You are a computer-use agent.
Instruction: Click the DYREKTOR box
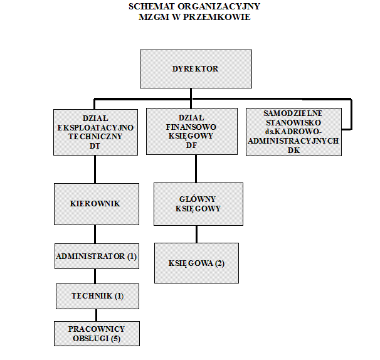pyautogui.click(x=196, y=69)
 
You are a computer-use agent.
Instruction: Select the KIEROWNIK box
pyautogui.click(x=97, y=204)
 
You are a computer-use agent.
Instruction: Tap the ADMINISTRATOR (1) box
pyautogui.click(x=97, y=257)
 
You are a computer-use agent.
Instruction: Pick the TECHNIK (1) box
pyautogui.click(x=97, y=296)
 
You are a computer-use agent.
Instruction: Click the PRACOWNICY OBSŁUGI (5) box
pyautogui.click(x=97, y=334)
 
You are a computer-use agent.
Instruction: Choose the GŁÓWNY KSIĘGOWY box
pyautogui.click(x=198, y=204)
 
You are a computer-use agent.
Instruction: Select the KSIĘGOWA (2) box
pyautogui.click(x=196, y=263)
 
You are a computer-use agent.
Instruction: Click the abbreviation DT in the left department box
pyautogui.click(x=95, y=146)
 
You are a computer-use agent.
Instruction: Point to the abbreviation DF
pyautogui.click(x=191, y=146)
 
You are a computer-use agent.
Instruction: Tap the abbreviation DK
pyautogui.click(x=293, y=151)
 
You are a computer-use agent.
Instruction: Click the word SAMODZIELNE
pyautogui.click(x=293, y=114)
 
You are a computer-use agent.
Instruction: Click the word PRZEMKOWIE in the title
pyautogui.click(x=217, y=17)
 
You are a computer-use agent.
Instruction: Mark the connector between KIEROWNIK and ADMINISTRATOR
pyautogui.click(x=95, y=234)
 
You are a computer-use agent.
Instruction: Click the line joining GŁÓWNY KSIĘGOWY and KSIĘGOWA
pyautogui.click(x=196, y=234)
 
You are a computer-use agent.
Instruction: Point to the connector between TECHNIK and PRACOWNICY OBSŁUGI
pyautogui.click(x=96, y=315)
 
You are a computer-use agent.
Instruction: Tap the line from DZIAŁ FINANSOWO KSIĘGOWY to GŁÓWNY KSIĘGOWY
pyautogui.click(x=196, y=169)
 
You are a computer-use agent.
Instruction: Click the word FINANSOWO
pyautogui.click(x=191, y=127)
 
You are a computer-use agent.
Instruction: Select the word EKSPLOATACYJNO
pyautogui.click(x=95, y=127)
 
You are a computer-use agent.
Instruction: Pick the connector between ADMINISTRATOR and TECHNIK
pyautogui.click(x=95, y=277)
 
